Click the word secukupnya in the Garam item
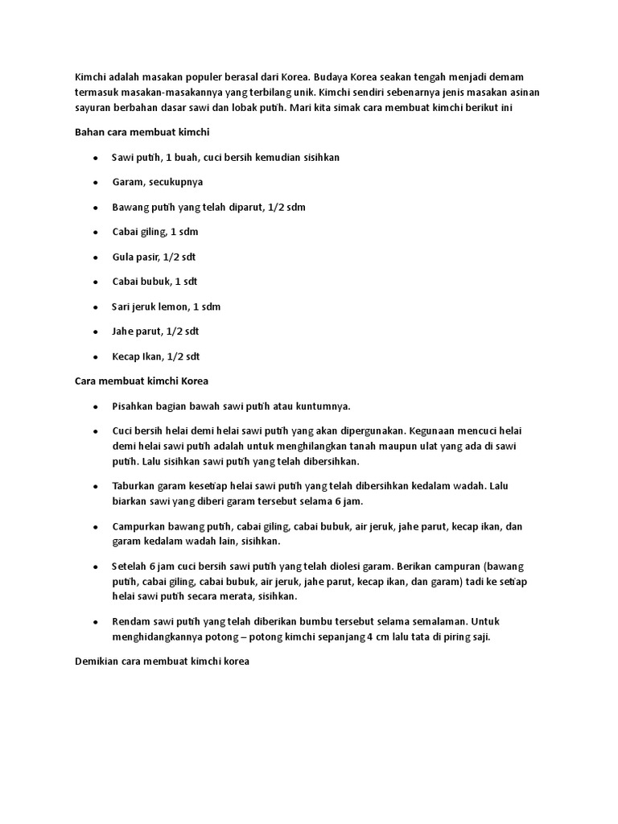[175, 182]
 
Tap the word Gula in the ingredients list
[123, 257]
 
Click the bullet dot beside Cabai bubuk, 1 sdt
[95, 282]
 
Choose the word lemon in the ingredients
[187, 307]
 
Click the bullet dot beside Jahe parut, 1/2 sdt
[95, 332]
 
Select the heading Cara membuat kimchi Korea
[142, 381]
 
